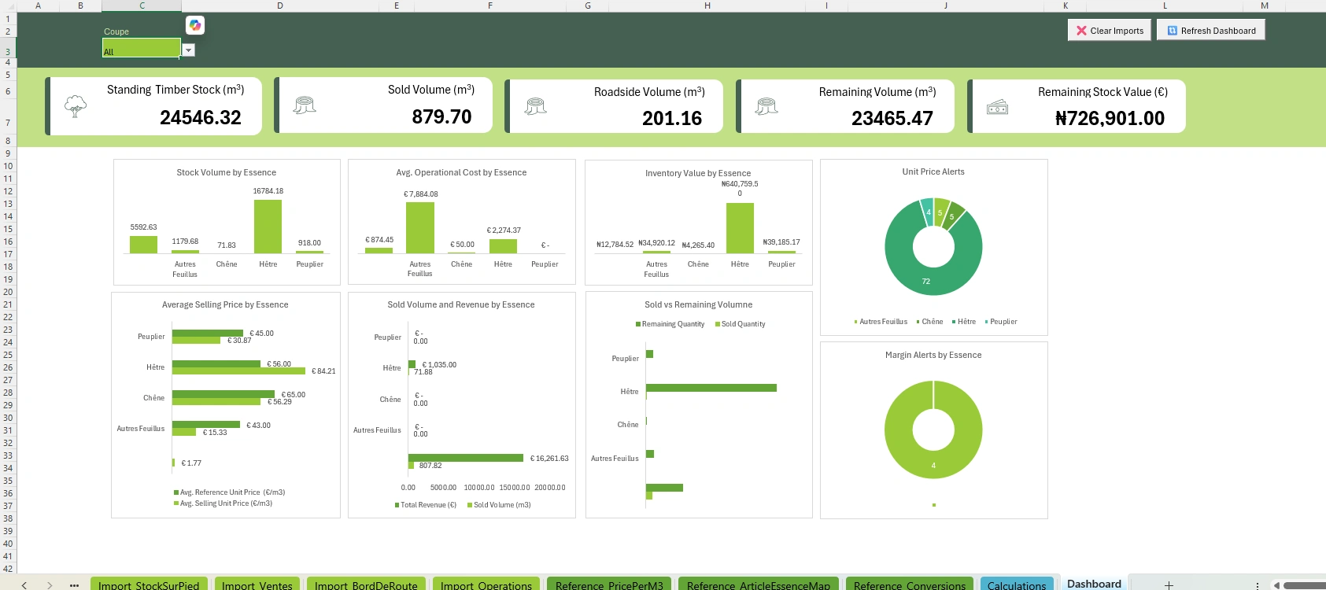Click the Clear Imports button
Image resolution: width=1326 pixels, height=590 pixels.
pyautogui.click(x=1110, y=31)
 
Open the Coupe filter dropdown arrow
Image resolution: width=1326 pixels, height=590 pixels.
pyautogui.click(x=188, y=50)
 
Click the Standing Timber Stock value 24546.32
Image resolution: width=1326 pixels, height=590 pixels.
pyautogui.click(x=201, y=118)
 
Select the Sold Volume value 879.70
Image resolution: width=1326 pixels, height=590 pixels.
pyautogui.click(x=441, y=117)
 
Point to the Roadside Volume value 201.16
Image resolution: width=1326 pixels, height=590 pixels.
pyautogui.click(x=672, y=119)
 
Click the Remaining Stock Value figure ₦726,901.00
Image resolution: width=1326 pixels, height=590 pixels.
pyautogui.click(x=1110, y=119)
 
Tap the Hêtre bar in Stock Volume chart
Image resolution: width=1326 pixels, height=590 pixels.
pyautogui.click(x=268, y=226)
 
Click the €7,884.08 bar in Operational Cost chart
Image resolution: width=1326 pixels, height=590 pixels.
pyautogui.click(x=420, y=227)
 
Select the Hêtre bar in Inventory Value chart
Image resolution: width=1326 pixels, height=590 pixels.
pyautogui.click(x=740, y=227)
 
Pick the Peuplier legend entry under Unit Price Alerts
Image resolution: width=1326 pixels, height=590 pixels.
pyautogui.click(x=1001, y=322)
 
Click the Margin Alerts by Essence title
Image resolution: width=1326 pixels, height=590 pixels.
pyautogui.click(x=933, y=355)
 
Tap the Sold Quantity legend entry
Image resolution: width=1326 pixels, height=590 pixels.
pyautogui.click(x=741, y=324)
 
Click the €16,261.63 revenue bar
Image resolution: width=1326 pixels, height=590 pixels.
pyautogui.click(x=466, y=458)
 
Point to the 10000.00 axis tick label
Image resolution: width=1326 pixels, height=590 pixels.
pyautogui.click(x=479, y=488)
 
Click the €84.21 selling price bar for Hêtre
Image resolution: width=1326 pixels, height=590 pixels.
pyautogui.click(x=239, y=371)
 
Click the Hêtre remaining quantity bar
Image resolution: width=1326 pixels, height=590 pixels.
pyautogui.click(x=711, y=388)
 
